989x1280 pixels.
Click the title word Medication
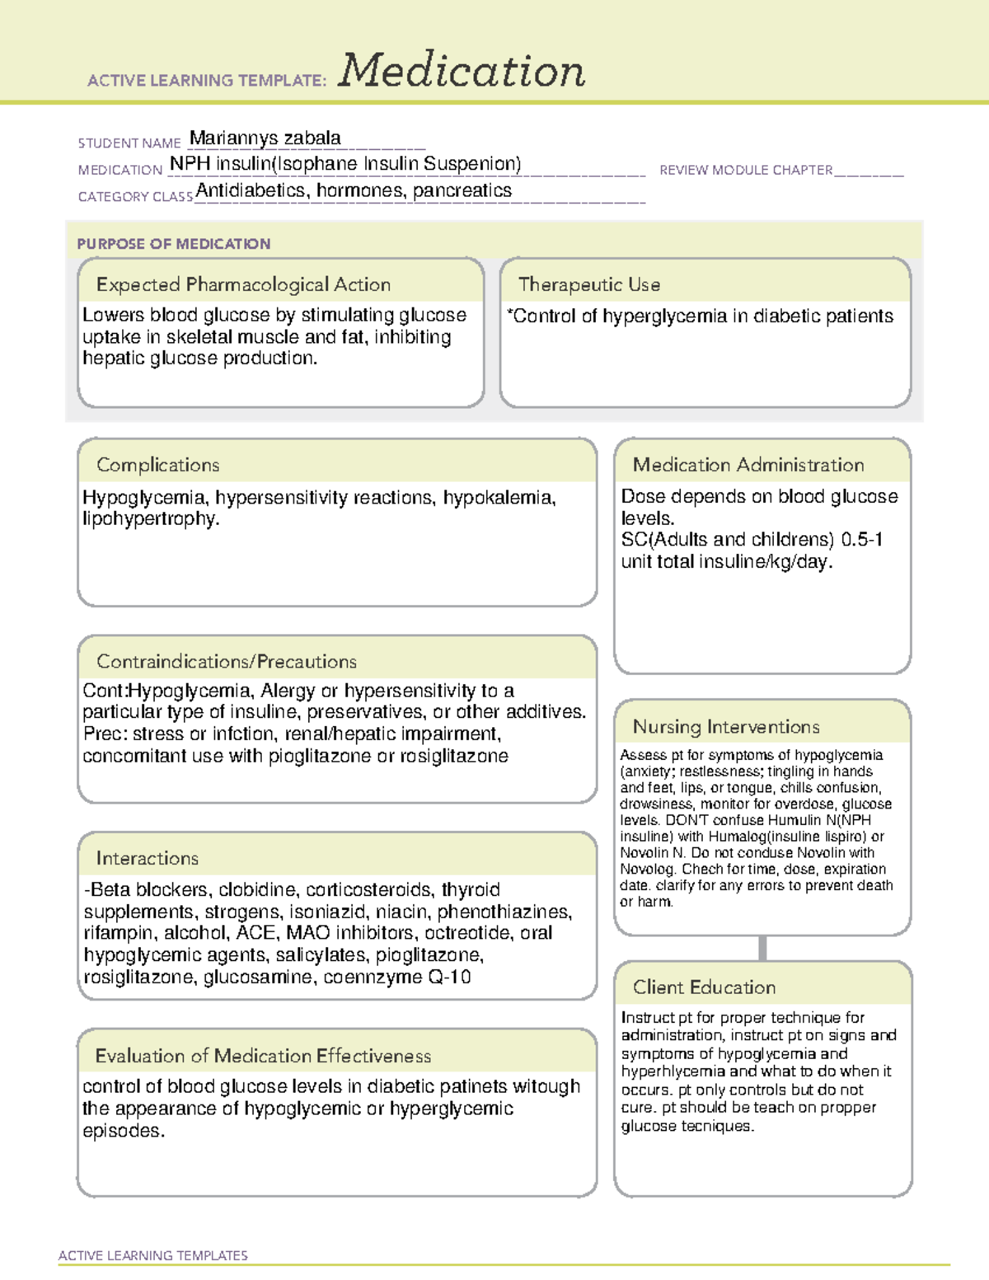click(x=462, y=71)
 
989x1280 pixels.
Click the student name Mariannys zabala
click(x=265, y=138)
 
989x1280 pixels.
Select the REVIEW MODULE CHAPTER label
click(x=746, y=170)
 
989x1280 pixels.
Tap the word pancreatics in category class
click(x=462, y=190)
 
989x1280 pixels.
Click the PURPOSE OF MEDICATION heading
click(x=173, y=244)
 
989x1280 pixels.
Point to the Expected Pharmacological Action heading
click(x=243, y=284)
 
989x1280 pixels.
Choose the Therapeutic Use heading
click(x=589, y=284)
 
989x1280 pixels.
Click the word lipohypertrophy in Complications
click(x=150, y=519)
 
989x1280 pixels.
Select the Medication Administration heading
click(x=748, y=465)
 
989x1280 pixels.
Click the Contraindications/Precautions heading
click(x=227, y=661)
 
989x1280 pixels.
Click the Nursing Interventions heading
click(x=726, y=727)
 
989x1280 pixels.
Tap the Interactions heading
click(x=148, y=858)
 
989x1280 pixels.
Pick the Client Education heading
click(x=704, y=987)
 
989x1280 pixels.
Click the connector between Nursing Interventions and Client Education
click(x=762, y=948)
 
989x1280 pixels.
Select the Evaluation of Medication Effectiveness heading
click(x=263, y=1056)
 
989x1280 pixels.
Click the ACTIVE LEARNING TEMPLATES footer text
click(x=153, y=1255)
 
